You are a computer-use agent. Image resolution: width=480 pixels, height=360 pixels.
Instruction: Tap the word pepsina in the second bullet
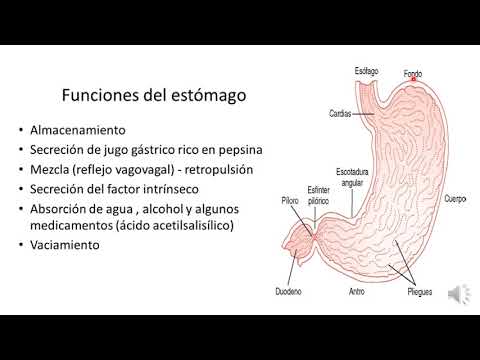point(225,150)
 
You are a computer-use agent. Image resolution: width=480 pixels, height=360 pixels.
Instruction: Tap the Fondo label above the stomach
point(413,73)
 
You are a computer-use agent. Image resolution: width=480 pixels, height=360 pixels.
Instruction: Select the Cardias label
point(340,113)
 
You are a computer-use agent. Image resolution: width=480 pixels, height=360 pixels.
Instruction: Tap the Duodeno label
point(289,293)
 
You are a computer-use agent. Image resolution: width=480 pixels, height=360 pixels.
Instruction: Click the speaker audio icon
point(457,293)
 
